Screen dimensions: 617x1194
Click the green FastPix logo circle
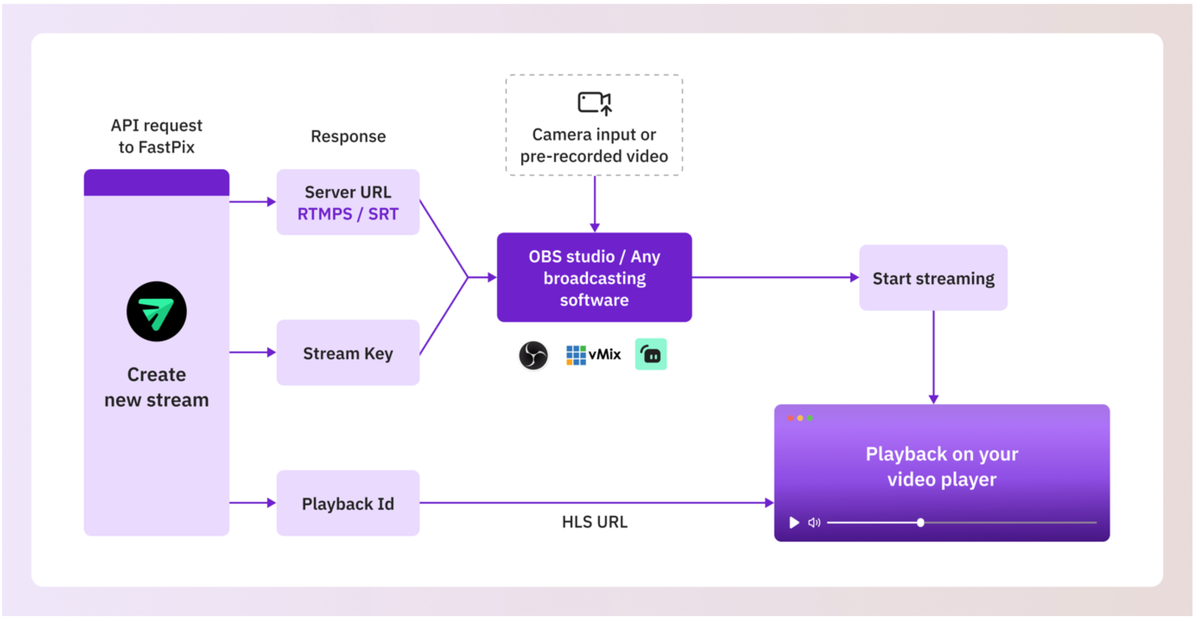[157, 311]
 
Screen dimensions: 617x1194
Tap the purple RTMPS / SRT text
[348, 214]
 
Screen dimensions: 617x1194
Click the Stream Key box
[348, 353]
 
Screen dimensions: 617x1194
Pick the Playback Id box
[348, 503]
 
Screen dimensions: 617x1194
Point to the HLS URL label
[594, 522]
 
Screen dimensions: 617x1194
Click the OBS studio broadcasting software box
[594, 277]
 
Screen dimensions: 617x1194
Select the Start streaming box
[933, 278]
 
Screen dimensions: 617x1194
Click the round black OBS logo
[533, 355]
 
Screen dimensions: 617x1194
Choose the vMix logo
[593, 355]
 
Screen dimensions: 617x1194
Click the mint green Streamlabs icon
[650, 354]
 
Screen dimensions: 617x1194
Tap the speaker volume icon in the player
[814, 522]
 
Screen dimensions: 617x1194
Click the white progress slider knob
[920, 522]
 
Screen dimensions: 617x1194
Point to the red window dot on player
[790, 418]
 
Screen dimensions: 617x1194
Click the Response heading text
[348, 136]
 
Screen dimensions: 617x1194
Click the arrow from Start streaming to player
[933, 356]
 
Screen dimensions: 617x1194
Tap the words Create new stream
[157, 387]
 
